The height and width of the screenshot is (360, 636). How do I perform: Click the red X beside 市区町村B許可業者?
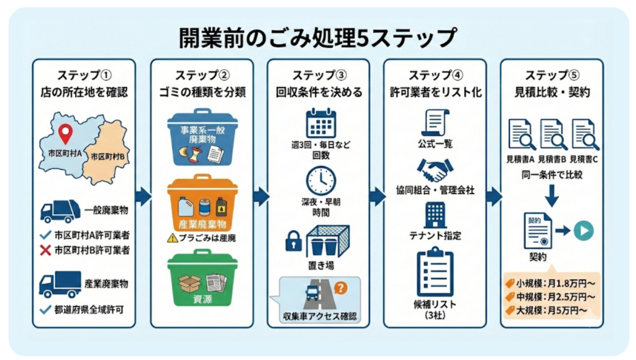coord(44,251)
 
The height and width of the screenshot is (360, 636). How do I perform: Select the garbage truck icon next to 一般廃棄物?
coord(60,211)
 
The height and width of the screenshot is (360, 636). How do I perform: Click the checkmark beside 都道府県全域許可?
coord(44,307)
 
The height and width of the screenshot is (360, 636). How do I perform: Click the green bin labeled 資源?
coord(202,278)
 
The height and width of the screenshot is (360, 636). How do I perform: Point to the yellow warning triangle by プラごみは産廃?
coord(172,237)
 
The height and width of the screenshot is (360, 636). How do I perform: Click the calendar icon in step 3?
coord(321,123)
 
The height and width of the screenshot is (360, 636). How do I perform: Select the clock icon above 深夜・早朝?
coord(321,180)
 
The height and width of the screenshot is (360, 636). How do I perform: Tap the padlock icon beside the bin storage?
coord(293,241)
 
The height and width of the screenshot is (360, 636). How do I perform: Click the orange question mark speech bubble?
coord(340,287)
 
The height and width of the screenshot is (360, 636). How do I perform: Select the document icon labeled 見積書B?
coord(552,135)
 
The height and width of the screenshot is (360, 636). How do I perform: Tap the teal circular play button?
coord(583,230)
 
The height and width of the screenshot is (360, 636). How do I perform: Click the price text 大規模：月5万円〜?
coord(552,309)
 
